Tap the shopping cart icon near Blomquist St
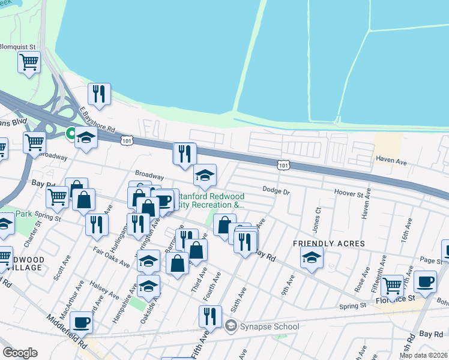(x=29, y=61)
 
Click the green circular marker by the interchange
(x=70, y=133)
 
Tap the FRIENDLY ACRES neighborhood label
(x=328, y=243)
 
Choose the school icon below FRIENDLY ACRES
(x=312, y=258)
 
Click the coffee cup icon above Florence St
(x=425, y=281)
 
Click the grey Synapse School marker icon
(x=230, y=326)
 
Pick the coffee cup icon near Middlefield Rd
(x=81, y=323)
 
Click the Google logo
(x=20, y=353)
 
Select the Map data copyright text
(x=424, y=355)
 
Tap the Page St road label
(x=430, y=260)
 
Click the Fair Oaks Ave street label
(x=111, y=256)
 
